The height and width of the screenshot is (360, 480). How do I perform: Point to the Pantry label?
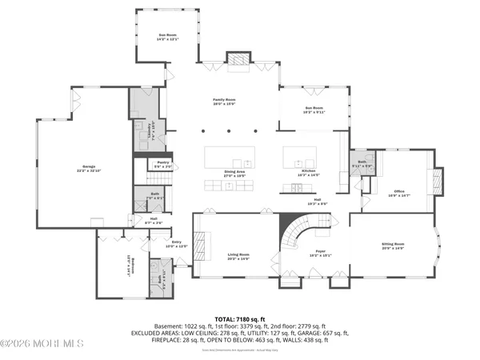[163, 162]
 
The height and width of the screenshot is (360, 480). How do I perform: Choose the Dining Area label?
[234, 172]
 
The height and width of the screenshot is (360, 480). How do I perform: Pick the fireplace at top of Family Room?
[238, 58]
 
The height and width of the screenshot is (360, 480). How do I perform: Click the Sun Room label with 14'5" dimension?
[167, 36]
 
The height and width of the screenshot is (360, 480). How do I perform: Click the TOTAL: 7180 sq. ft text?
[239, 318]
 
